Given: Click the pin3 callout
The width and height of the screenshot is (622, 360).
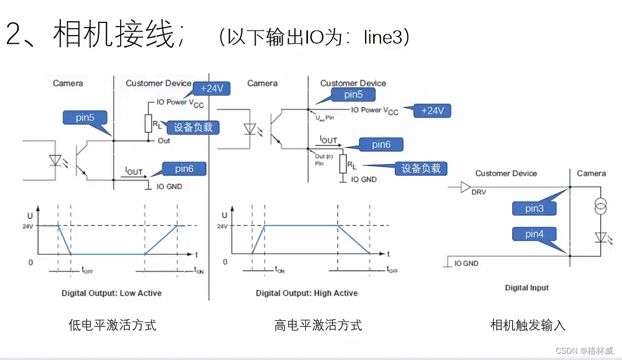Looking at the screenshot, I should [534, 208].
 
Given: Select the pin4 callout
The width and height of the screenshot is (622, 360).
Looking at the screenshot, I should [534, 234].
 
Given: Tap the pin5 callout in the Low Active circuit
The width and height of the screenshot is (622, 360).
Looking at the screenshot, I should [85, 118].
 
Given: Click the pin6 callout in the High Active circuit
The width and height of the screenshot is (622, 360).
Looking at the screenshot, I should [381, 144].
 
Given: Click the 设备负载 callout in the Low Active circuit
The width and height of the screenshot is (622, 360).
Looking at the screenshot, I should [193, 127].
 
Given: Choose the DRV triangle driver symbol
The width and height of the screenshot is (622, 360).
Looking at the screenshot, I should [466, 187].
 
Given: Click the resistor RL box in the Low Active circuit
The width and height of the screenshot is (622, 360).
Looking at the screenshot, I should [148, 123].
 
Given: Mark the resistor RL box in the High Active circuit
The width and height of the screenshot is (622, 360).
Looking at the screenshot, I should [343, 164].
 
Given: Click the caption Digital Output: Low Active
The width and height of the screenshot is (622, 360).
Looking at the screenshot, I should [112, 293].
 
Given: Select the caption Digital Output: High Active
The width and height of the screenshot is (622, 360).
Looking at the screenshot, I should [306, 293].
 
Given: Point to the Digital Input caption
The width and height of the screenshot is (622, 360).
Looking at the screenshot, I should [527, 288].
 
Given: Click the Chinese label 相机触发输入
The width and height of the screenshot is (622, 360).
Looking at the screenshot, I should [528, 325].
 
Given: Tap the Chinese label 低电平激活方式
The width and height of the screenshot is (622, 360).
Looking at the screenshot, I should [112, 325].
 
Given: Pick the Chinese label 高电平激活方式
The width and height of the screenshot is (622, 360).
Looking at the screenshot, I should [318, 325].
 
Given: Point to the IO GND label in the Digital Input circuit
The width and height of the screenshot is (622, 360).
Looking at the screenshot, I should [466, 263].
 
